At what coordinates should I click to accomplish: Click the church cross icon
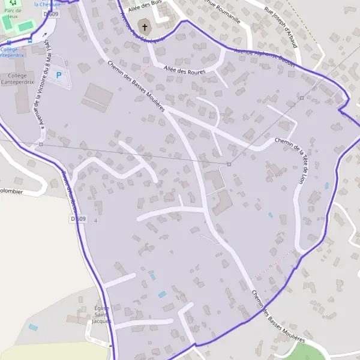click(x=144, y=27)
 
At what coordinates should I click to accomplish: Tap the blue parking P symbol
click(x=58, y=75)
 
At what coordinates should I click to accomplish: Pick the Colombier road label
click(x=11, y=192)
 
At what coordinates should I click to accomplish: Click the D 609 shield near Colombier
click(x=78, y=219)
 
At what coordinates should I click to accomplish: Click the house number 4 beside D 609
click(x=95, y=221)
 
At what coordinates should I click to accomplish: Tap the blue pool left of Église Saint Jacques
click(x=32, y=327)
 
